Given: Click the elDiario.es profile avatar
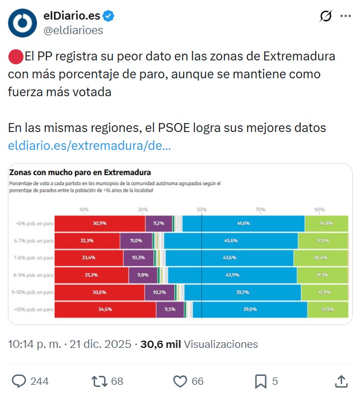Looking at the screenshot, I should [23, 23].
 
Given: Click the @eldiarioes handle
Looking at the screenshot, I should [73, 31].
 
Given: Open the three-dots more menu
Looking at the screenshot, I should [345, 17].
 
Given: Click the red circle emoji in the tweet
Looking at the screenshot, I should [15, 56].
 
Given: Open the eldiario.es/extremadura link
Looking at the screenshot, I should [90, 146].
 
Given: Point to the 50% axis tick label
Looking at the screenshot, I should [202, 209].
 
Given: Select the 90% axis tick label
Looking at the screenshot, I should [319, 209].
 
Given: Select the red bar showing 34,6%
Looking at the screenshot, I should [105, 309].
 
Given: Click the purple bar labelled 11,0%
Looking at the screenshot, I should [137, 241].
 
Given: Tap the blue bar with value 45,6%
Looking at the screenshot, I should [231, 241].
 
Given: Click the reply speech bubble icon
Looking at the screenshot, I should [19, 381].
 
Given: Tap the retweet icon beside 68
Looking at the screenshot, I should [99, 381].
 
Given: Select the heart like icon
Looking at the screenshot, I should [180, 381].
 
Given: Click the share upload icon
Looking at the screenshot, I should [341, 381].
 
